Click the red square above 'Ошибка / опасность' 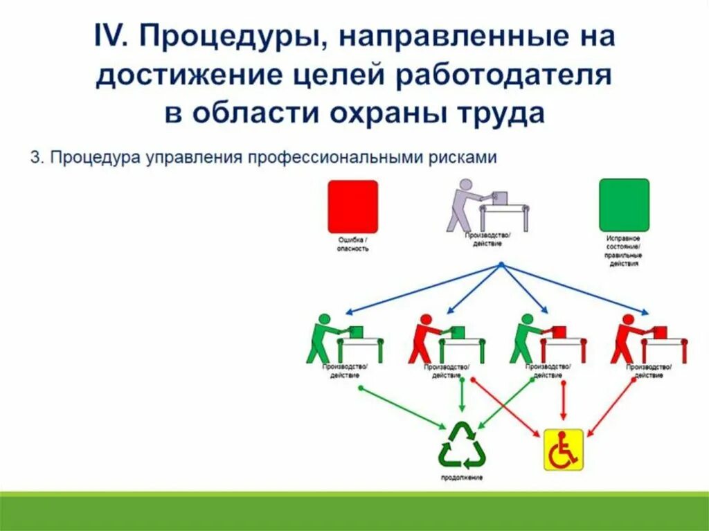(x=352, y=206)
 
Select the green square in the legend (x=624, y=205)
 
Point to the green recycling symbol (x=462, y=447)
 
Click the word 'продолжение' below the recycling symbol (x=462, y=478)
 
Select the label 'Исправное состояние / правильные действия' (x=624, y=251)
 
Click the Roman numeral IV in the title (x=109, y=37)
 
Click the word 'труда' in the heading (x=504, y=113)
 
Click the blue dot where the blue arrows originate (x=501, y=264)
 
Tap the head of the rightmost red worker (x=628, y=319)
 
